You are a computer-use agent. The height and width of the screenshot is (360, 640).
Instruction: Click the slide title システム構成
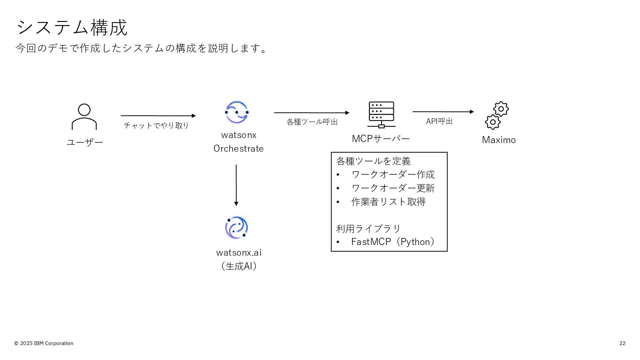click(x=72, y=27)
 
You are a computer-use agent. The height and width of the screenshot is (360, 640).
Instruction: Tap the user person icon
click(x=84, y=117)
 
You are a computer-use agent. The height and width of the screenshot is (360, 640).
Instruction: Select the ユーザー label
click(x=85, y=142)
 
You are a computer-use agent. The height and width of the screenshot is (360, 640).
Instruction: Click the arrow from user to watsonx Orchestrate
click(x=158, y=116)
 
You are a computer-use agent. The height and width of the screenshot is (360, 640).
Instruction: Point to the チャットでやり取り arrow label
click(x=156, y=125)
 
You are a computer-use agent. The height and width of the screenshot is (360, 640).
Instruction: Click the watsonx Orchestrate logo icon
click(x=237, y=112)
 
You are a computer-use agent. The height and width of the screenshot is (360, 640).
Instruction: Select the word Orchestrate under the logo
click(x=239, y=149)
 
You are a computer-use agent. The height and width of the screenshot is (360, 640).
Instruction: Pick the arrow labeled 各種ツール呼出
click(x=311, y=113)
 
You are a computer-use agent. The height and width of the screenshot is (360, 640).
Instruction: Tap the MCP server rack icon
click(x=381, y=115)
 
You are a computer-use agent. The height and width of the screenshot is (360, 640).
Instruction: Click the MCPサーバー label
click(x=381, y=139)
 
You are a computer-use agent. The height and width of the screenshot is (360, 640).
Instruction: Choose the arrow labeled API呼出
click(x=443, y=112)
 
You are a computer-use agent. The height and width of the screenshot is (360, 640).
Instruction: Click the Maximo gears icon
click(x=497, y=115)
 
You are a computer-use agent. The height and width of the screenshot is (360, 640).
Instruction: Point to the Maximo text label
click(x=499, y=140)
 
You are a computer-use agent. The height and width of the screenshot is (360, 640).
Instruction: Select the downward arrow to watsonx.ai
click(x=236, y=185)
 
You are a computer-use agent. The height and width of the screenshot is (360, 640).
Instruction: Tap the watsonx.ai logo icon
click(x=237, y=228)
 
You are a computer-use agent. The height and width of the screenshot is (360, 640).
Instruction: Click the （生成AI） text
click(x=239, y=266)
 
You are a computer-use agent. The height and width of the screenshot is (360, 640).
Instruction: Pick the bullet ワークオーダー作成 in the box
click(x=393, y=174)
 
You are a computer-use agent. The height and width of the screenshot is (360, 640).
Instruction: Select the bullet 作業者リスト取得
click(x=388, y=202)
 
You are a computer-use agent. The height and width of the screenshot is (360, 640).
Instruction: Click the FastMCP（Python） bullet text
click(x=393, y=242)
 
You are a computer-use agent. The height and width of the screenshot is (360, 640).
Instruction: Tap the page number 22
click(x=622, y=343)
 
